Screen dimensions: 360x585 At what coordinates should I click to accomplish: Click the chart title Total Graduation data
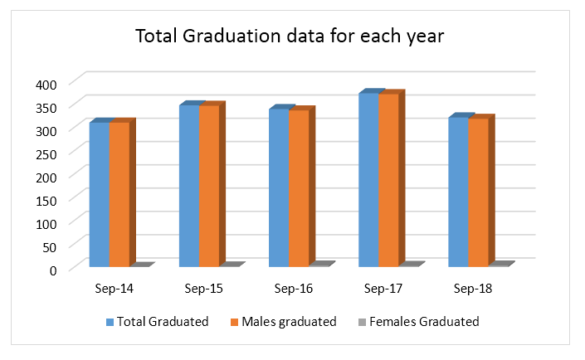293,37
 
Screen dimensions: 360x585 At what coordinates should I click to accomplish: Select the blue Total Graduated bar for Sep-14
99,195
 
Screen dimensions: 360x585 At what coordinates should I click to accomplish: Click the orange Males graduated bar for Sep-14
119,195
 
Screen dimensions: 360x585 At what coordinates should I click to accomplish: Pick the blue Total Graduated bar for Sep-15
188,187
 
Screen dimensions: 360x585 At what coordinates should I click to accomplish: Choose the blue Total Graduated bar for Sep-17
368,180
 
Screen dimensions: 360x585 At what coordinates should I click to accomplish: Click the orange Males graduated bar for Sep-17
388,181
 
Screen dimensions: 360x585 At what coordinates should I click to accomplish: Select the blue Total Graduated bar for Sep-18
458,192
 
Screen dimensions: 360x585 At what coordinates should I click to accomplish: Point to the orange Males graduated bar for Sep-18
478,193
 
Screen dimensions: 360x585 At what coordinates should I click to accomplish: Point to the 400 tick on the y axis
44,84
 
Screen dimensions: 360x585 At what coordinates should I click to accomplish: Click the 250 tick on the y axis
44,153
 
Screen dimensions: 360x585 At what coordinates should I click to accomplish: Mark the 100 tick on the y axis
44,223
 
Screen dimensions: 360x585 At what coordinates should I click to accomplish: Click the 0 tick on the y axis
51,270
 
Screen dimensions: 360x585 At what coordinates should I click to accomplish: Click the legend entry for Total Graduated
157,322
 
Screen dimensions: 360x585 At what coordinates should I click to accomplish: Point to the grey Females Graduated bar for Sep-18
500,264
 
